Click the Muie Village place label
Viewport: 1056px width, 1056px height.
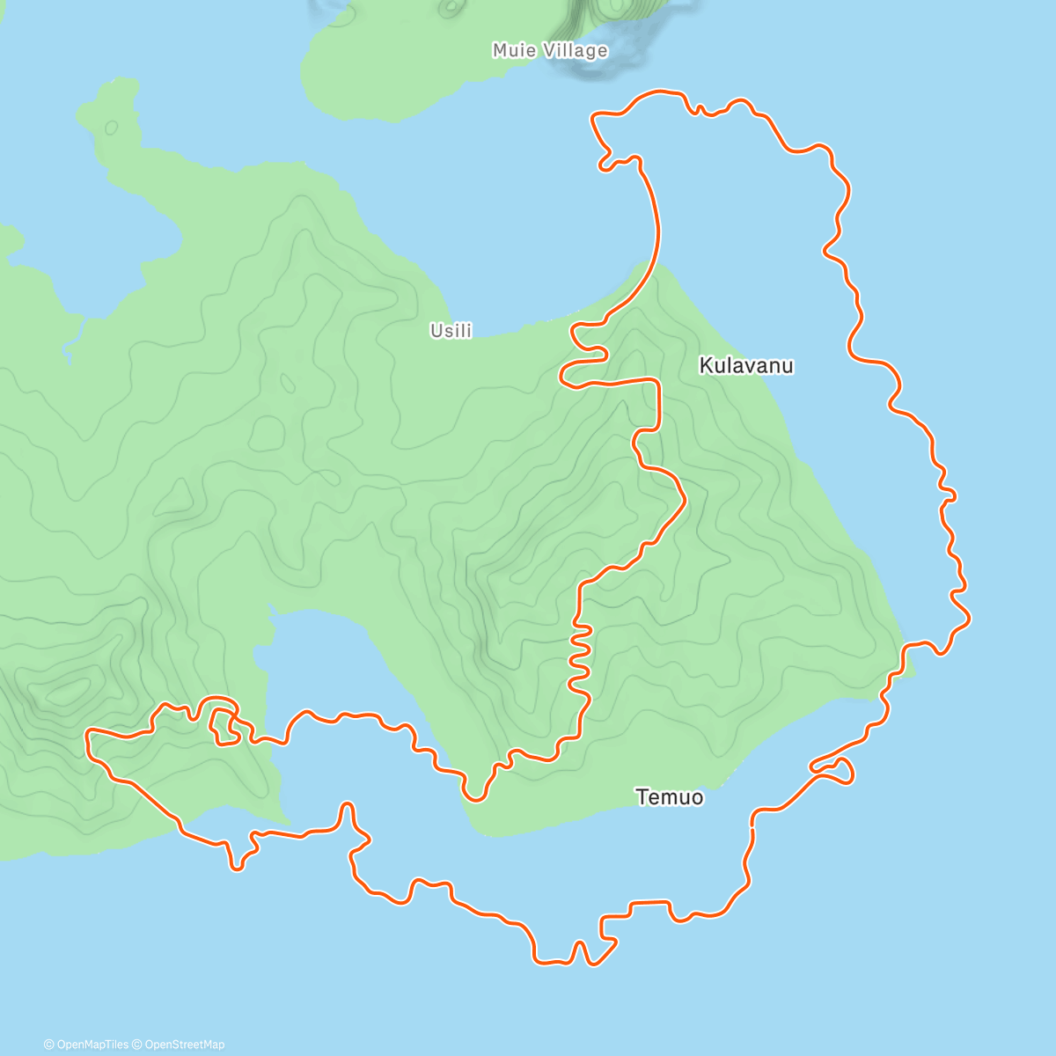[x=550, y=50]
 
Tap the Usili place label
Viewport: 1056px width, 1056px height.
[x=451, y=331]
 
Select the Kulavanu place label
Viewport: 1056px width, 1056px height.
[x=746, y=365]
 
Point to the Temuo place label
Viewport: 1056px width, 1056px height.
[x=670, y=797]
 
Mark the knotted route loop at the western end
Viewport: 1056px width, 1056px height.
[x=224, y=722]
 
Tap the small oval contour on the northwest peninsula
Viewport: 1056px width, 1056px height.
[x=112, y=128]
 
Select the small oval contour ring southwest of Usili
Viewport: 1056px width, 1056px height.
[x=287, y=384]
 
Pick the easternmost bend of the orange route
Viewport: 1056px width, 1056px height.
[x=969, y=619]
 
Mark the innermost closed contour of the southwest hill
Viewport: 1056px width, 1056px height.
[x=66, y=691]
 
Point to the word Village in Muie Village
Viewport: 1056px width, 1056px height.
[x=575, y=51]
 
